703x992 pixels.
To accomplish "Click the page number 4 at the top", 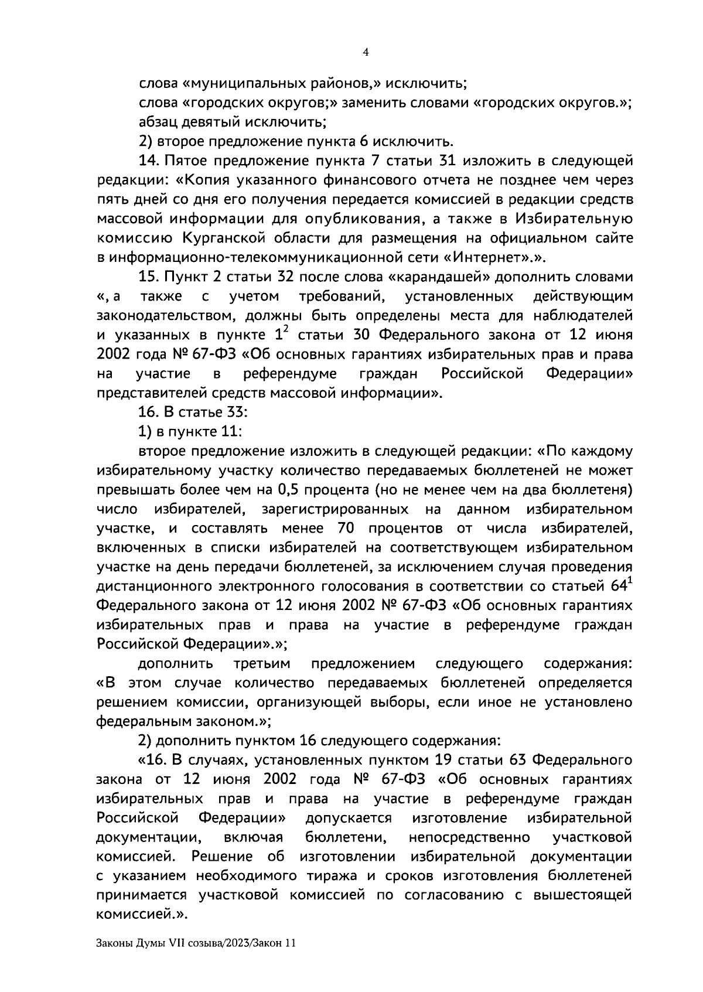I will point(366,52).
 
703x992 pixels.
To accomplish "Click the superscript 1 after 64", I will point(629,581).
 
